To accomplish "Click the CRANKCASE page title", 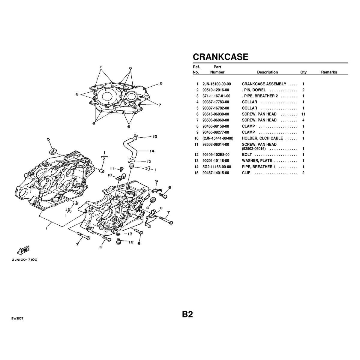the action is click(220, 57).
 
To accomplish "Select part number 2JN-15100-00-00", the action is click(217, 84).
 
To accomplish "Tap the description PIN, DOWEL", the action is click(254, 90).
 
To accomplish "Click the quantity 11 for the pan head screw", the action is click(303, 114).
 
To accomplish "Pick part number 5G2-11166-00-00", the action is click(217, 167).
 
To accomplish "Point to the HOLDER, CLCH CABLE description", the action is click(262, 138).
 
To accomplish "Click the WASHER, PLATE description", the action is click(257, 161).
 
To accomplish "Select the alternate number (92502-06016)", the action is click(254, 149).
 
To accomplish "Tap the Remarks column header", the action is click(329, 72).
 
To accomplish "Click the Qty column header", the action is click(303, 72).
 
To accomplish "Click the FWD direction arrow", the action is click(23, 250).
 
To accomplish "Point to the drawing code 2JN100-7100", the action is click(25, 260).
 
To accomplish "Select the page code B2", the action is click(187, 314).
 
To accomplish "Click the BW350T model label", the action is click(17, 319).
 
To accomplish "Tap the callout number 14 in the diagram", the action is click(152, 151).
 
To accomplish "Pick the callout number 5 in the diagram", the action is click(48, 139).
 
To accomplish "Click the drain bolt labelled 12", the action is click(118, 242).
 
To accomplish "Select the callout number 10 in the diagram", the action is click(110, 175).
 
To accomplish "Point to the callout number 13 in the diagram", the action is click(130, 234).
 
